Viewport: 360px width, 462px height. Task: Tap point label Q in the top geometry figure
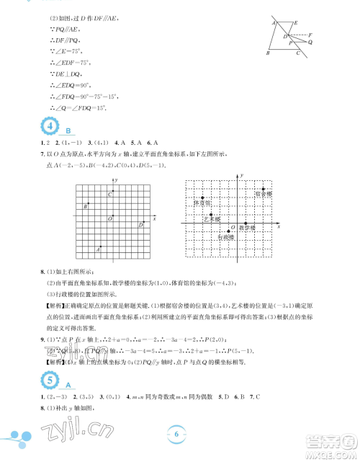click(x=310, y=43)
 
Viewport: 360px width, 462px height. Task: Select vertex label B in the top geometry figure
click(x=267, y=53)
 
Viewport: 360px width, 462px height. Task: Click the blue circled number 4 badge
click(x=53, y=128)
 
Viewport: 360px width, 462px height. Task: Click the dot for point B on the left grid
click(x=89, y=205)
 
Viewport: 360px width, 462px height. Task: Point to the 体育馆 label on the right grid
click(x=201, y=203)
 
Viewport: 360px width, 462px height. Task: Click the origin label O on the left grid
click(x=109, y=218)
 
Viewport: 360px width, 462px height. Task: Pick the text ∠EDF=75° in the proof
click(x=67, y=61)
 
